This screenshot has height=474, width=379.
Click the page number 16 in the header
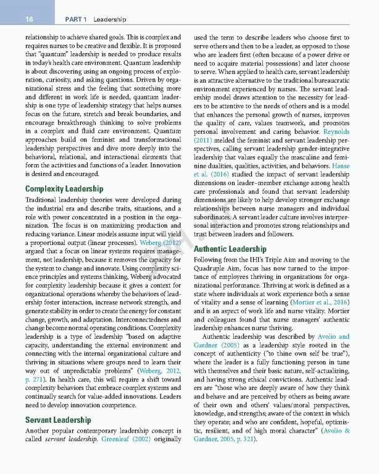pos(28,20)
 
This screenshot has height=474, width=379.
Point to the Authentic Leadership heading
pos(230,249)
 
